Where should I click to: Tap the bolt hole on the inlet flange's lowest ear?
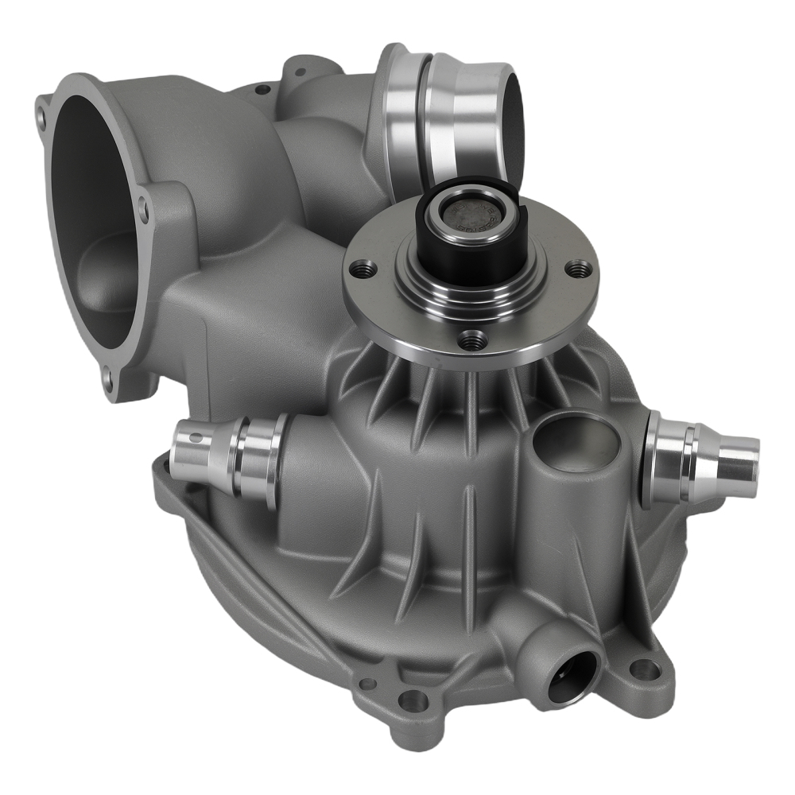[107, 374]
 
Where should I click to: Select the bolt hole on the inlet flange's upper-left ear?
[41, 120]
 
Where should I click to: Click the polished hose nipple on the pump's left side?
[227, 460]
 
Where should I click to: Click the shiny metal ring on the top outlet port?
[445, 111]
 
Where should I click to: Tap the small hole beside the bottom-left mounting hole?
[366, 682]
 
